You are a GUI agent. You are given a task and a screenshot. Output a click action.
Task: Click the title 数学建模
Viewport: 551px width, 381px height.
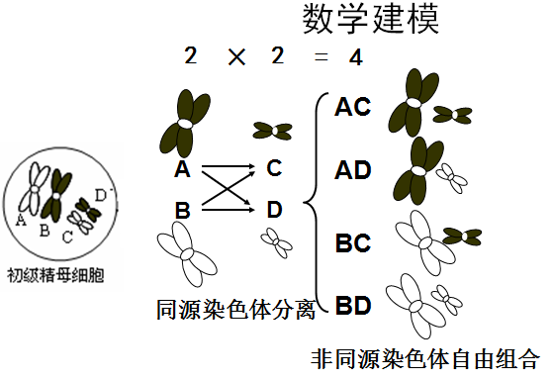[371, 19]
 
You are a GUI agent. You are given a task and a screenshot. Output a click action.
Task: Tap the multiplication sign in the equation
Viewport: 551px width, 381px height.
[236, 57]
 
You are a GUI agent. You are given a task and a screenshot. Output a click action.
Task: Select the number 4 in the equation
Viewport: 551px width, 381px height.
[355, 57]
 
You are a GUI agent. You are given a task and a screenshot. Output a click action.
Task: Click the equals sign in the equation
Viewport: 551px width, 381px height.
[321, 57]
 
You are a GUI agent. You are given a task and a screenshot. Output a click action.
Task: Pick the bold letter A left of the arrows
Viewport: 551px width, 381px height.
[182, 168]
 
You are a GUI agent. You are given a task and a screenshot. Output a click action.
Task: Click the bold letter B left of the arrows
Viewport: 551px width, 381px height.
[182, 210]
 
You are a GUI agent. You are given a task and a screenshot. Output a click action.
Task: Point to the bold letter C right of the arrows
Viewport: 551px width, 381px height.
[274, 167]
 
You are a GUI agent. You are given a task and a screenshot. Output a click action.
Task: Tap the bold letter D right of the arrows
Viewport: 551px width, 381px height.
[274, 210]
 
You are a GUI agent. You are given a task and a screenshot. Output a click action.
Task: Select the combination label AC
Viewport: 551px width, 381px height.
[352, 107]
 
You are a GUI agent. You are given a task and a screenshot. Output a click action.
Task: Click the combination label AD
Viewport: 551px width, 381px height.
[353, 170]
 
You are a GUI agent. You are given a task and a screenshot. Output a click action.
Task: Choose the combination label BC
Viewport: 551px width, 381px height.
[353, 242]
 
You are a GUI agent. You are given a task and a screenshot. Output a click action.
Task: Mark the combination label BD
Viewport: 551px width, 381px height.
[353, 305]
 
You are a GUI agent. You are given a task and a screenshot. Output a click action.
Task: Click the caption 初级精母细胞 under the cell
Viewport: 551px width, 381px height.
[55, 275]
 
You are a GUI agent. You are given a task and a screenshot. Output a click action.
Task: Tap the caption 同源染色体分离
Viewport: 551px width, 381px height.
[235, 310]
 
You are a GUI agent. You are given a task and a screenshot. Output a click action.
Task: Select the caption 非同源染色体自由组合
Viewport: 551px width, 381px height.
[424, 359]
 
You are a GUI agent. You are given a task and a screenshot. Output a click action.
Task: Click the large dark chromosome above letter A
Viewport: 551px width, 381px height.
[185, 123]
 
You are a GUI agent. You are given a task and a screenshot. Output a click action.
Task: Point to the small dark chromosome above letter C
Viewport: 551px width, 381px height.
[273, 131]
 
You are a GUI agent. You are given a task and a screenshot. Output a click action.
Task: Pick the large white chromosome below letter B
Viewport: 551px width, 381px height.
[187, 253]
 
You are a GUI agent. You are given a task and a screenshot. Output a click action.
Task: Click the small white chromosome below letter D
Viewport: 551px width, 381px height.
[277, 242]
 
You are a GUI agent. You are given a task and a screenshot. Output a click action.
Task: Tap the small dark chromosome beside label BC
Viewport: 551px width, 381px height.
[462, 237]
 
